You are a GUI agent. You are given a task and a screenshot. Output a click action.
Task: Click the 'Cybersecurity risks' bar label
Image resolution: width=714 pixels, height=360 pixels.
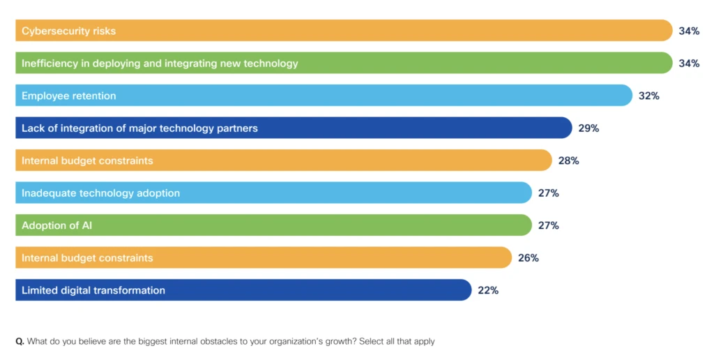(68, 31)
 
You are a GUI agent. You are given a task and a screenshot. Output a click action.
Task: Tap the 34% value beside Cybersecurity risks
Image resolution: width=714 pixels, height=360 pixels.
(689, 31)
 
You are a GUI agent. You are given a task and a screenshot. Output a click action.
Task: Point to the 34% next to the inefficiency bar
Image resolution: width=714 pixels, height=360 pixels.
(689, 63)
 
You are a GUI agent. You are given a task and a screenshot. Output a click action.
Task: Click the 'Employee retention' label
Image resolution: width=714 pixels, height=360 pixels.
(68, 96)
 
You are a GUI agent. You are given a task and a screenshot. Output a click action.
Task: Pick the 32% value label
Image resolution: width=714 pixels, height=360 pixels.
(649, 96)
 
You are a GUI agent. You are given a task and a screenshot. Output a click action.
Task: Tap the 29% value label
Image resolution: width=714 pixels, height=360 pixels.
(588, 128)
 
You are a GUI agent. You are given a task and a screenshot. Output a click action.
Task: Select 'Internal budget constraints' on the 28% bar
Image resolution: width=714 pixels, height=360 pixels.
(87, 160)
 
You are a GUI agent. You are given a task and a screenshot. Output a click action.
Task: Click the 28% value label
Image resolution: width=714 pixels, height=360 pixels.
(568, 160)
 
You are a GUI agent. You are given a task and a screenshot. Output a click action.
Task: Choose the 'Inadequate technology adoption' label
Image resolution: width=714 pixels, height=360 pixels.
(100, 193)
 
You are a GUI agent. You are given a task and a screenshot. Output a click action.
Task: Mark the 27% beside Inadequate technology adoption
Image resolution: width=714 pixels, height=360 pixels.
(549, 193)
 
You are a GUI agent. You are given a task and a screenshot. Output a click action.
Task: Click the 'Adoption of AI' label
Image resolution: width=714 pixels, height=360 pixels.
(56, 225)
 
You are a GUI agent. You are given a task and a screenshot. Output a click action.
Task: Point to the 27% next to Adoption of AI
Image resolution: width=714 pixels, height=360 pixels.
(549, 225)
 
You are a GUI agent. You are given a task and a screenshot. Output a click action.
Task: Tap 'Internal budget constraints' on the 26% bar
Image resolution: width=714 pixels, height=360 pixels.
(87, 257)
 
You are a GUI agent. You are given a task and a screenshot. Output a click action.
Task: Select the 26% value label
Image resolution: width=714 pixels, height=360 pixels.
(529, 258)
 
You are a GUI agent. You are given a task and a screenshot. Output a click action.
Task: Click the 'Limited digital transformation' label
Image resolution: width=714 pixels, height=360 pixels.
(93, 290)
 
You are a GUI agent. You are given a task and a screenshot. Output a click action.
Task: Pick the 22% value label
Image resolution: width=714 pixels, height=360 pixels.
(488, 290)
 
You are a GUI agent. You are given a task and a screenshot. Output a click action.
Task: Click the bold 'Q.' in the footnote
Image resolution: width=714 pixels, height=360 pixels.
(20, 341)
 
